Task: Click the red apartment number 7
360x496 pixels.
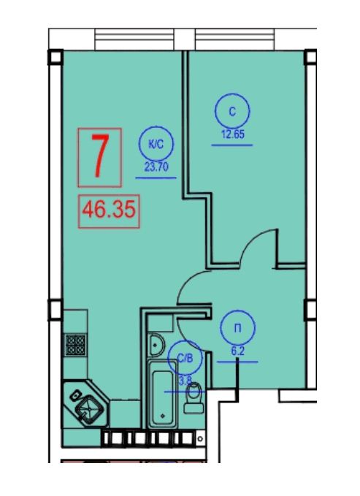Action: pyautogui.click(x=100, y=156)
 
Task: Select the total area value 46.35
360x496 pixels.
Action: pyautogui.click(x=109, y=210)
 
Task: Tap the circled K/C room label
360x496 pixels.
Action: pyautogui.click(x=156, y=144)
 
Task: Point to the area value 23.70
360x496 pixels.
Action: pyautogui.click(x=156, y=167)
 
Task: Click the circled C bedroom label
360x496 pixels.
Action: pyautogui.click(x=232, y=111)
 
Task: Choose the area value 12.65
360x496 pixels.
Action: pyautogui.click(x=232, y=134)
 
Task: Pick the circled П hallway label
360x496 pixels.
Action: pyautogui.click(x=238, y=328)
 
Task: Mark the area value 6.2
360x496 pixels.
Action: pyautogui.click(x=237, y=351)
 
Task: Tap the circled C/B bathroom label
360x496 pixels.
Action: pyautogui.click(x=185, y=358)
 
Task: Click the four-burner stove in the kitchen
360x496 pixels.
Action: pyautogui.click(x=75, y=345)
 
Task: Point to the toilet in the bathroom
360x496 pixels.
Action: pyautogui.click(x=194, y=397)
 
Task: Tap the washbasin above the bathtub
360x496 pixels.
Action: pyautogui.click(x=156, y=345)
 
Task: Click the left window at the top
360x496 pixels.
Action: pyautogui.click(x=134, y=39)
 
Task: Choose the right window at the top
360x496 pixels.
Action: pyautogui.click(x=234, y=39)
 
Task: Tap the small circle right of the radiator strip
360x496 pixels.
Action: pyautogui.click(x=200, y=439)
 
